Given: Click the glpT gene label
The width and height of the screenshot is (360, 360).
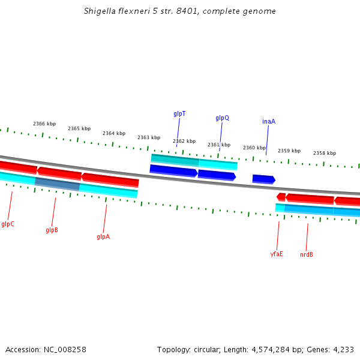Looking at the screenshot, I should (x=179, y=113).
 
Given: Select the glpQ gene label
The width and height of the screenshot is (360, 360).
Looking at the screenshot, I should (x=222, y=118).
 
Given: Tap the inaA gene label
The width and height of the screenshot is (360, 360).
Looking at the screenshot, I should (x=269, y=121).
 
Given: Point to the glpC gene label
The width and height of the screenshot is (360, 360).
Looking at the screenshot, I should (x=8, y=224).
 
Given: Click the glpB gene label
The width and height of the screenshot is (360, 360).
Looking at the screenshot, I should (x=52, y=230).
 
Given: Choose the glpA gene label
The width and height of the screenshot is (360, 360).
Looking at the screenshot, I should (x=103, y=237).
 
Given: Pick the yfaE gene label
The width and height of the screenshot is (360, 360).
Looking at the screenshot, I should (x=277, y=254).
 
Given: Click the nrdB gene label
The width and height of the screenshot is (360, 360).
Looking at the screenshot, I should (x=307, y=255).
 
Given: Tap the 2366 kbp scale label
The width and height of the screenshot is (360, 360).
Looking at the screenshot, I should (x=44, y=124).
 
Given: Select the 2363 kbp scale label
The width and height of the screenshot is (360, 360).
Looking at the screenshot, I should (x=149, y=137).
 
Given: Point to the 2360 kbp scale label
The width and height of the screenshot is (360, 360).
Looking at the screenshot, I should (x=254, y=148).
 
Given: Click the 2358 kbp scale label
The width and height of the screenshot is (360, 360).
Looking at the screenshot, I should (x=325, y=153).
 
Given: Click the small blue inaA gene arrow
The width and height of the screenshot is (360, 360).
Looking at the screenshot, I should (x=263, y=179).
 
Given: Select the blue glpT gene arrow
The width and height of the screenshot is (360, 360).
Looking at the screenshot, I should (x=173, y=171).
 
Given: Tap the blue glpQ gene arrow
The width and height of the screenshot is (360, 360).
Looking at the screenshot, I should (x=217, y=175).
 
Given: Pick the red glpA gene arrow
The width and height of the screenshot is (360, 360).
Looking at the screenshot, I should (x=110, y=179).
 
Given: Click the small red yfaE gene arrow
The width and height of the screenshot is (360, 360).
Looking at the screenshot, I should (x=281, y=197).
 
